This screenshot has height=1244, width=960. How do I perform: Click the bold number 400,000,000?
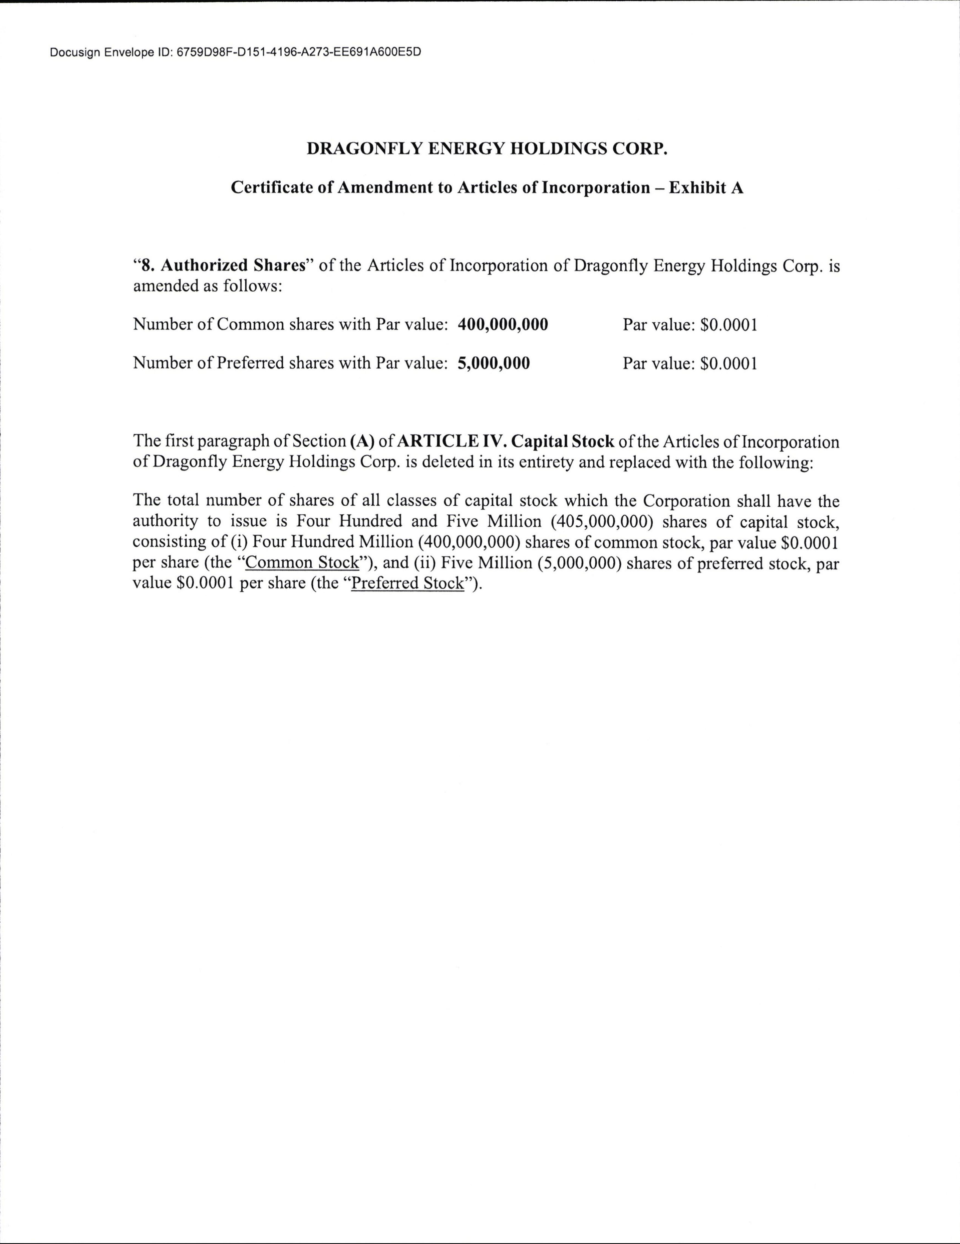[x=503, y=325]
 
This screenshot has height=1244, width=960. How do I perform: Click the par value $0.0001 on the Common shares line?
[x=729, y=325]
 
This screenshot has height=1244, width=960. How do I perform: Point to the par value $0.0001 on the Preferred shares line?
[x=729, y=364]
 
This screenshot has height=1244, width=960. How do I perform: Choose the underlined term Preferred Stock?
[x=408, y=584]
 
